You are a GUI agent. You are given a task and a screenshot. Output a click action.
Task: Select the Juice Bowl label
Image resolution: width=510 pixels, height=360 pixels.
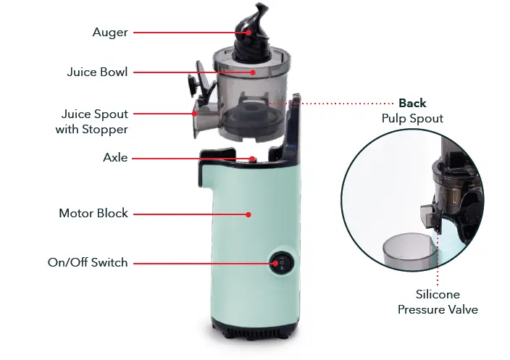point(97,72)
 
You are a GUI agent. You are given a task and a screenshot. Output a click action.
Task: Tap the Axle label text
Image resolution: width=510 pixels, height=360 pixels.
point(115,158)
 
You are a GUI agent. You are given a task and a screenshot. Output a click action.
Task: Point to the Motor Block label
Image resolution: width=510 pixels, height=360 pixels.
point(93,214)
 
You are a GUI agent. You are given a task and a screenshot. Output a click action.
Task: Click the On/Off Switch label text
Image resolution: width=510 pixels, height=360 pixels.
point(88,262)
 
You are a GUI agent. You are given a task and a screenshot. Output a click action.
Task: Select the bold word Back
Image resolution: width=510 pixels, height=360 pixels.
point(412,103)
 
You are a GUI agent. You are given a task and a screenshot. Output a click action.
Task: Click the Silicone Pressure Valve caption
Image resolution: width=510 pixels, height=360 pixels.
point(438,302)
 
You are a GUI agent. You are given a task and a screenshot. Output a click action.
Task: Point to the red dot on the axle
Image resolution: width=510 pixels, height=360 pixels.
point(252,159)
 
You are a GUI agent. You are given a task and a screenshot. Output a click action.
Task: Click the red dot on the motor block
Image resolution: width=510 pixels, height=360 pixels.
point(248,214)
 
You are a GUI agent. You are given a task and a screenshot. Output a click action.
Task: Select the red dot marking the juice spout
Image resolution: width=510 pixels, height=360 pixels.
point(195,113)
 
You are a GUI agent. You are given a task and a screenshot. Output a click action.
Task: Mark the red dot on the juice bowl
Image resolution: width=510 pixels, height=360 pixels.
point(253,72)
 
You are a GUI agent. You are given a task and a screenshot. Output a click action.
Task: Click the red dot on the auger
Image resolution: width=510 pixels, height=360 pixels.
point(248,32)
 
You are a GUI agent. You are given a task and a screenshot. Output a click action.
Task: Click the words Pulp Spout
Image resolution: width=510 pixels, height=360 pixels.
point(412,118)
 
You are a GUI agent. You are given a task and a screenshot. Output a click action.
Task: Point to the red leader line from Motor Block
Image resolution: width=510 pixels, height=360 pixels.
point(188,214)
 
